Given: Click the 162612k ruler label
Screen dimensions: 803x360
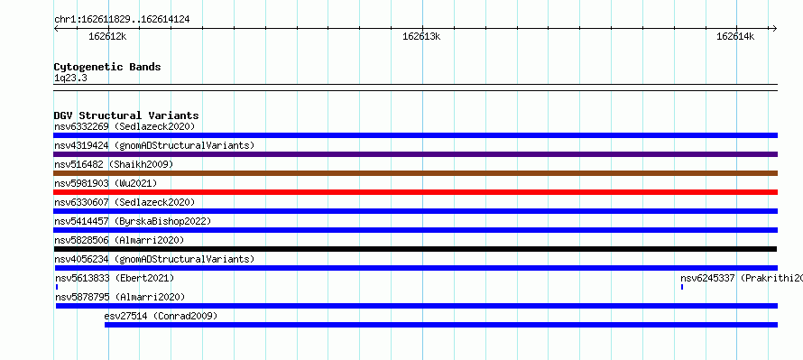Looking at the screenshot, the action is [x=107, y=36].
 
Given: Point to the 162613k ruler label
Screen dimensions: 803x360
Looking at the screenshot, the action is [x=421, y=36].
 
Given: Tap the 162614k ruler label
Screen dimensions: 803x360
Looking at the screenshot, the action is [x=735, y=36].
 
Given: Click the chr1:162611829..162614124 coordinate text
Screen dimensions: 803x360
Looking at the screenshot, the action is [x=122, y=20].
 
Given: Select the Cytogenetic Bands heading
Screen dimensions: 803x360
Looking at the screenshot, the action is [x=107, y=67].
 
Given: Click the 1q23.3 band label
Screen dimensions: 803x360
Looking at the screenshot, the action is [x=70, y=78].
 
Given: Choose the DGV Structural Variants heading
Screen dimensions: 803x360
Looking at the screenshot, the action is [x=126, y=115].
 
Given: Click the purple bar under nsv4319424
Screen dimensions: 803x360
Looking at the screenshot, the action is [x=415, y=154].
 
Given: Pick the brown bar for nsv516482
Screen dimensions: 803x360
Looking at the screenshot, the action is [x=415, y=173].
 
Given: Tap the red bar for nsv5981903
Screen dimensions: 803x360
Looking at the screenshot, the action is [x=415, y=192].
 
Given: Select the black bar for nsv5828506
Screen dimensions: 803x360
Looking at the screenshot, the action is [x=415, y=249].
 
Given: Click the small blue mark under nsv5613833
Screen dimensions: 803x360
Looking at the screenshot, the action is [x=57, y=287].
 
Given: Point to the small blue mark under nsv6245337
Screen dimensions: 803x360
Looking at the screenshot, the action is [x=682, y=287].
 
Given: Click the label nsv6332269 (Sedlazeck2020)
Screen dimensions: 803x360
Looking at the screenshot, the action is [x=125, y=126].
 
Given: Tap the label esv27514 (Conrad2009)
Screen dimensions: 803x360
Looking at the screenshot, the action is [x=161, y=316].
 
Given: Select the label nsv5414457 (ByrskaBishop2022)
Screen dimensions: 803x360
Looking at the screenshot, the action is [x=133, y=221].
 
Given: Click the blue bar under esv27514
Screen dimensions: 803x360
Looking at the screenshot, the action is [x=441, y=325].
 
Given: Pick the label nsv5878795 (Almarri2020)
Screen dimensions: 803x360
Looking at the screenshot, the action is [x=120, y=297].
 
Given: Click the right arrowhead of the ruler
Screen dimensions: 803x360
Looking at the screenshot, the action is [x=774, y=28].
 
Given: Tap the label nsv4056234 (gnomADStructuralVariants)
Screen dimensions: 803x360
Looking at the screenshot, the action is [x=154, y=259].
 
